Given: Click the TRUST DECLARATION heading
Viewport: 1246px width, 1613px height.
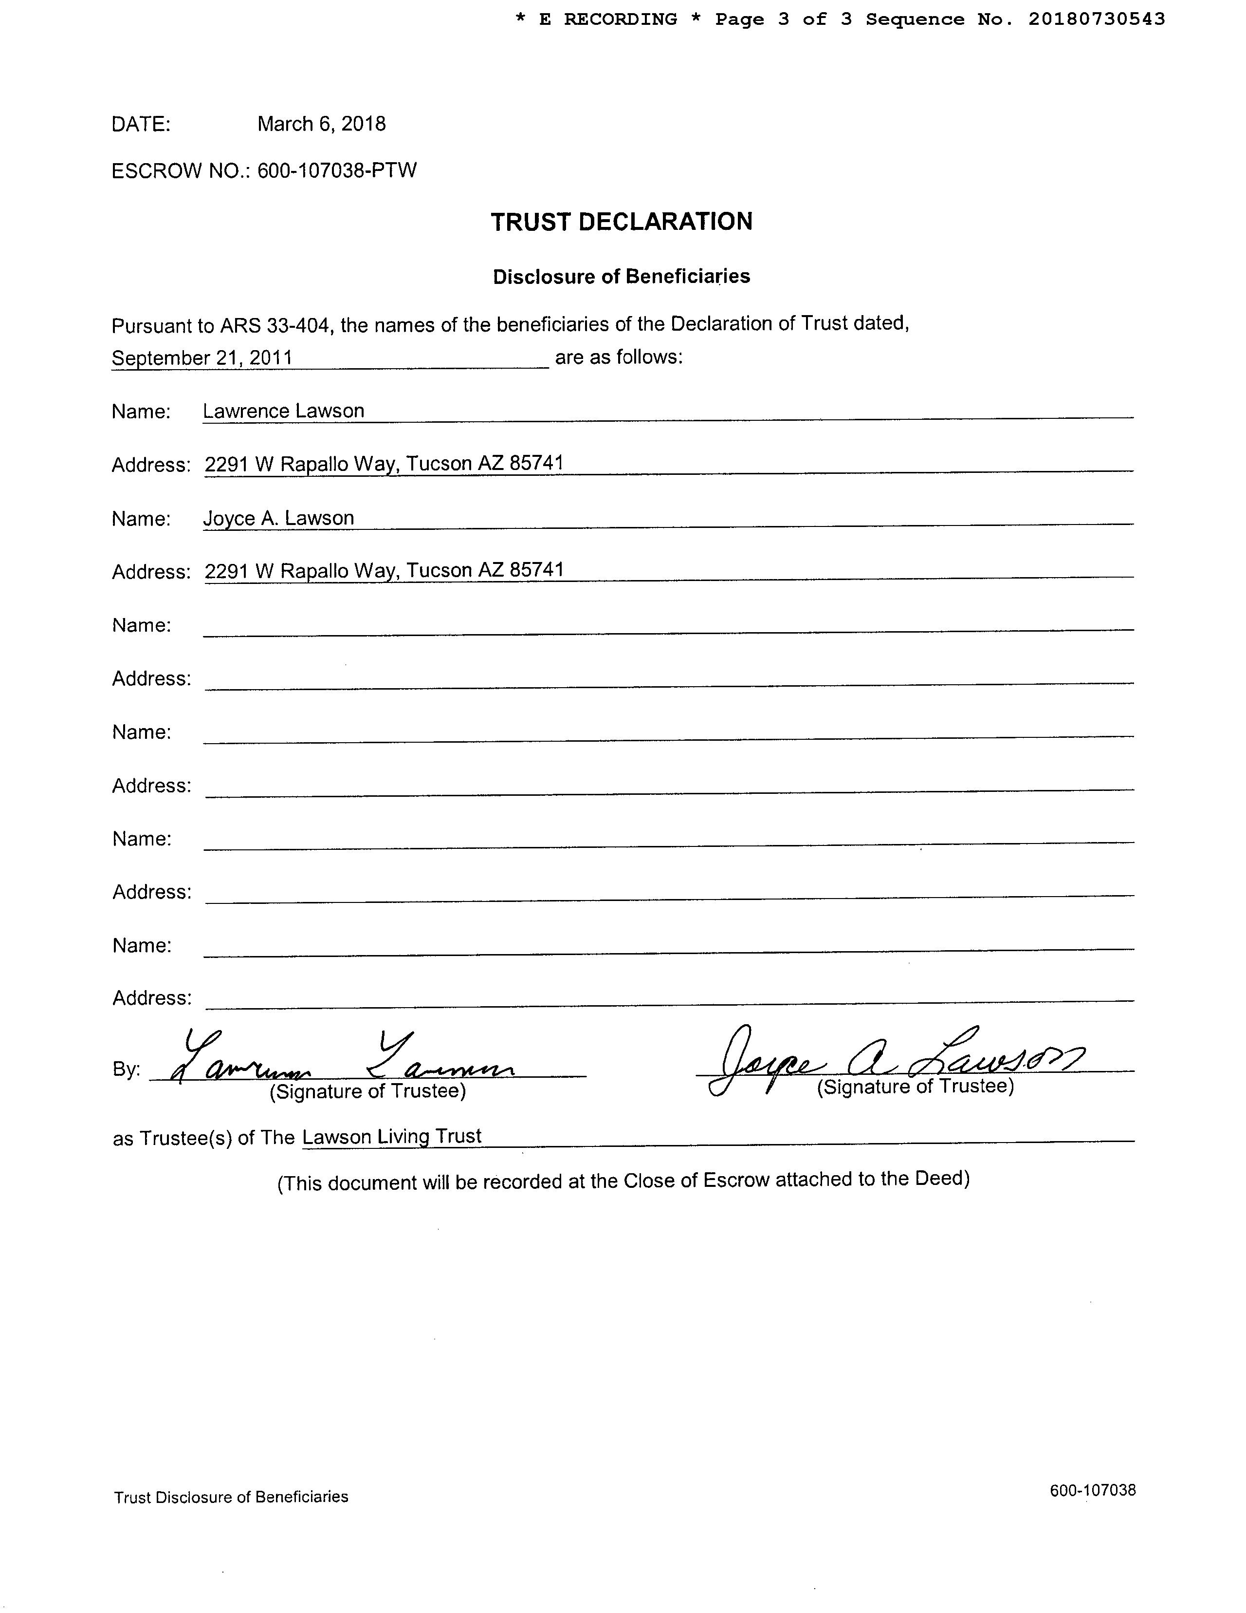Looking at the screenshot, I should coord(622,222).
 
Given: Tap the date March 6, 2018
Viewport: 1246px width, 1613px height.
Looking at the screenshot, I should coord(321,124).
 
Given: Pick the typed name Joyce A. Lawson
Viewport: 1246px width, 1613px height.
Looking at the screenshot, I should coord(278,519).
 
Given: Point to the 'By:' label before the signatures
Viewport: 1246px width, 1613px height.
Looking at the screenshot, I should coord(126,1069).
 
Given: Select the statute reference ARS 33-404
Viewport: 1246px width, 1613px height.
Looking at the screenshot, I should coord(275,325).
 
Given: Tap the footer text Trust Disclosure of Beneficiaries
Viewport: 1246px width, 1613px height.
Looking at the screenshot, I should coord(231,1497).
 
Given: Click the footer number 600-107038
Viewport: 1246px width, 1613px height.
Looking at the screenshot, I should coord(1093,1490).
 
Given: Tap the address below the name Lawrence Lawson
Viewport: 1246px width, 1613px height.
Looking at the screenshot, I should coord(384,464).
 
